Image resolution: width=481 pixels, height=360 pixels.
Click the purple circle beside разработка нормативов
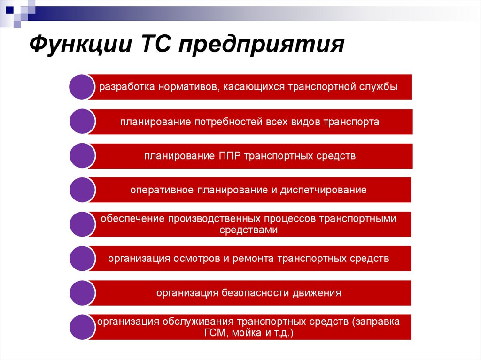pyautogui.click(x=83, y=87)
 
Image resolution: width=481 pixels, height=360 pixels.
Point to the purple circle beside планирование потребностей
pyautogui.click(x=83, y=122)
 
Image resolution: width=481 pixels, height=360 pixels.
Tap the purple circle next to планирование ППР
pyautogui.click(x=83, y=156)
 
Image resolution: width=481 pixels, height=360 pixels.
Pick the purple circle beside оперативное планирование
pyautogui.click(x=83, y=190)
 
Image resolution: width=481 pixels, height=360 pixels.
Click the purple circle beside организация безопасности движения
pyautogui.click(x=83, y=293)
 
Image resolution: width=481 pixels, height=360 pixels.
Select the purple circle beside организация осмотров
pyautogui.click(x=83, y=259)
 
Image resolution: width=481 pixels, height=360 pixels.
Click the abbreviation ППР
pyautogui.click(x=229, y=156)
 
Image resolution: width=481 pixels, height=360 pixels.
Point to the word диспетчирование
pyautogui.click(x=324, y=190)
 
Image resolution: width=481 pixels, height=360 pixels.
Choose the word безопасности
pyautogui.click(x=254, y=293)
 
